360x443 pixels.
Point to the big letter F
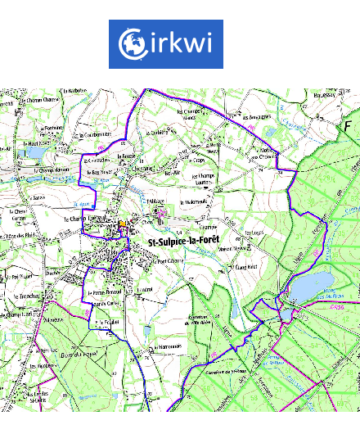[x=347, y=128]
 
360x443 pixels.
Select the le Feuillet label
[x=104, y=323]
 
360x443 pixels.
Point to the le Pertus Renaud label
[x=105, y=291]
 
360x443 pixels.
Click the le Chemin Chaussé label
[x=41, y=101]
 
